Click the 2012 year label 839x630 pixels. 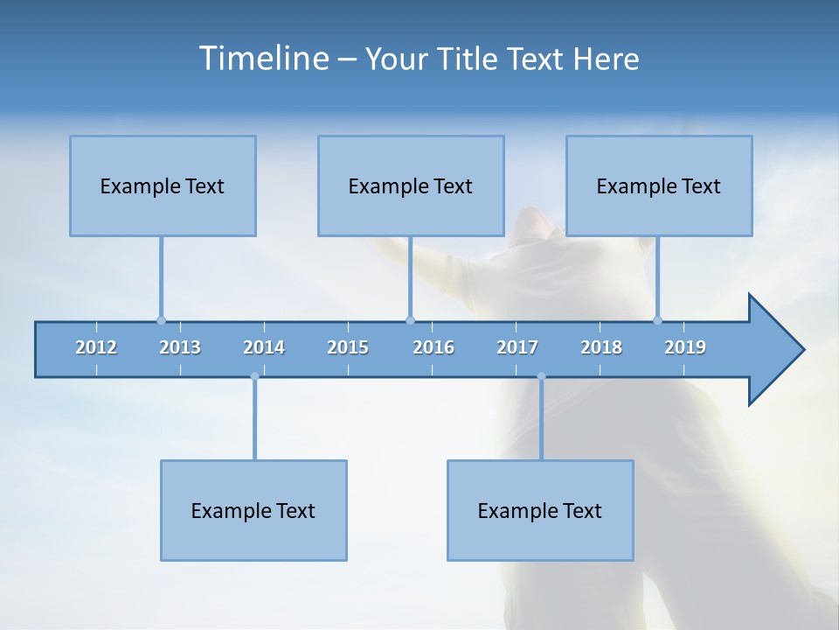(x=96, y=347)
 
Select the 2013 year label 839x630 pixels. (x=180, y=347)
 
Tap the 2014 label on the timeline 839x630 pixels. (x=264, y=347)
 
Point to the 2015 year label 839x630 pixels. (x=348, y=347)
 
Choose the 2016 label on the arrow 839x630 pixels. (x=433, y=347)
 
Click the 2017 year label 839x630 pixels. (x=517, y=347)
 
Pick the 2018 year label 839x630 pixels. (x=601, y=347)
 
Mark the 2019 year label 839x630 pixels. (x=685, y=347)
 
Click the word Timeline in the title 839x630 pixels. (x=262, y=58)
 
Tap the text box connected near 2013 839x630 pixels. (x=163, y=185)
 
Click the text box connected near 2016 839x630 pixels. (x=411, y=185)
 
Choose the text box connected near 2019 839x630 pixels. (x=659, y=185)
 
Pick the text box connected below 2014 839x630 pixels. (x=253, y=510)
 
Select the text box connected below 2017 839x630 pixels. (x=540, y=510)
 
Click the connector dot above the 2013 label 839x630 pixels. (x=161, y=320)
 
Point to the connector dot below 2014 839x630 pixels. (x=254, y=376)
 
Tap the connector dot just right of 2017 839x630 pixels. (x=541, y=376)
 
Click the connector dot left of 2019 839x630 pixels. (x=657, y=320)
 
